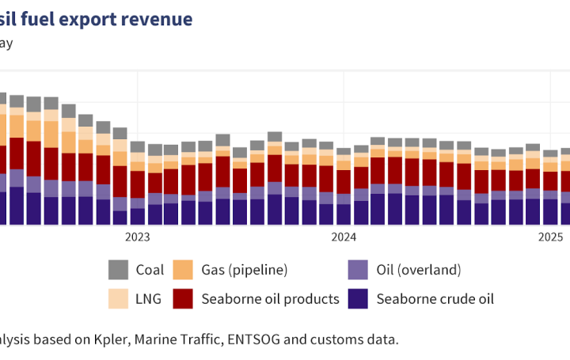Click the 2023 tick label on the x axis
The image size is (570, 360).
[137, 237]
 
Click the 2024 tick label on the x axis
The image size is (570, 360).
[344, 237]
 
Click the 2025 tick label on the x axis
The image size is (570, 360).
[550, 237]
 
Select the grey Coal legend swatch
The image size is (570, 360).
[118, 270]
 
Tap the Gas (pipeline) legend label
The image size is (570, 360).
[244, 270]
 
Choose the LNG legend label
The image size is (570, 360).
[149, 298]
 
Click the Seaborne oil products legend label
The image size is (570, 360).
[270, 298]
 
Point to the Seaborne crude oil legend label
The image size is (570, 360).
[435, 298]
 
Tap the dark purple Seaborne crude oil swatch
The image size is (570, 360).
[359, 298]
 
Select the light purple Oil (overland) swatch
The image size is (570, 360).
[359, 270]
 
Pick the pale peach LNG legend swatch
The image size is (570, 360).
[118, 298]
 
